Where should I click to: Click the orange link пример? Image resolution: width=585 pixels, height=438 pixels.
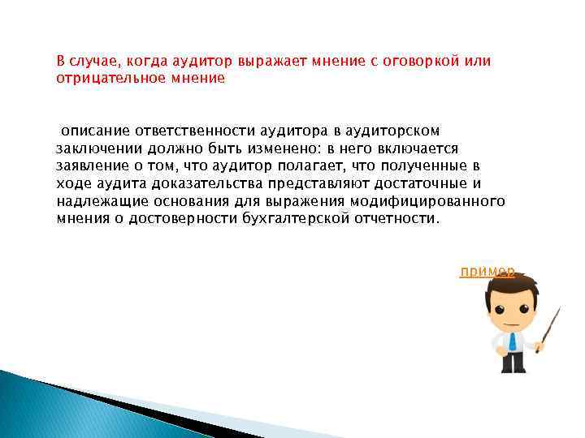(x=487, y=272)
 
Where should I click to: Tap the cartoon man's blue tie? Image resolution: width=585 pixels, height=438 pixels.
(x=512, y=340)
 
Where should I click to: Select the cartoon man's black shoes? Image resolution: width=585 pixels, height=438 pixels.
(x=513, y=369)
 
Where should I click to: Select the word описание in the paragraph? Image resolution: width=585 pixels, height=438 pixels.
(x=92, y=131)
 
